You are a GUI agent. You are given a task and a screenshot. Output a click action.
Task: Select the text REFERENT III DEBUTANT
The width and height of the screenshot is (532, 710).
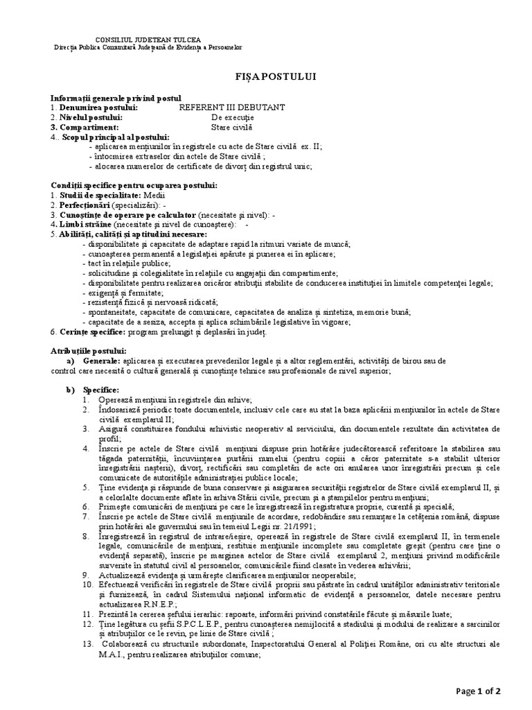231,107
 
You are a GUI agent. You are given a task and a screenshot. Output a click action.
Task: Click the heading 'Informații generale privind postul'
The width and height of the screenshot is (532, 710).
116,98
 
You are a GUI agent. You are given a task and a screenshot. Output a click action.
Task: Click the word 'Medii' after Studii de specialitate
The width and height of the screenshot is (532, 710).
145,196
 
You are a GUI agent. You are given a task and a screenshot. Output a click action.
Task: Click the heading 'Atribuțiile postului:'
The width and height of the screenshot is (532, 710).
89,352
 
